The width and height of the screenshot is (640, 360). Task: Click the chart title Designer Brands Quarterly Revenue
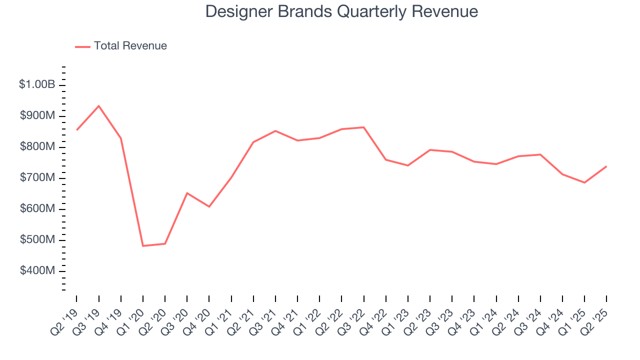[341, 11]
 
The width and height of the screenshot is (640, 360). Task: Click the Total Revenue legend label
[130, 46]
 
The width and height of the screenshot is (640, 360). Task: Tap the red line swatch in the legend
[82, 46]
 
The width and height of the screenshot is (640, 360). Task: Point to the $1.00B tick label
[37, 84]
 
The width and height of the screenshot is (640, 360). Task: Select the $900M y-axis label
[37, 116]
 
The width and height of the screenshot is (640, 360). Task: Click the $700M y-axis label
[37, 178]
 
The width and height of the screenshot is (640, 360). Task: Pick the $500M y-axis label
[37, 240]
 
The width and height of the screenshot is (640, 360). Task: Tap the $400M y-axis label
[37, 271]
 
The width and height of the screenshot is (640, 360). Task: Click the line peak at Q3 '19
[98, 106]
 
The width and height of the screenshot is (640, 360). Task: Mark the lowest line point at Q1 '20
[143, 245]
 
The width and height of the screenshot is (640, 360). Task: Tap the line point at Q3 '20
[187, 193]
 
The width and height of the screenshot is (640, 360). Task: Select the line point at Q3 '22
[363, 127]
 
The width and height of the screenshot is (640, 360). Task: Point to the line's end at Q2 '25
[606, 166]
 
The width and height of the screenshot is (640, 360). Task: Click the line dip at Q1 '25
[584, 182]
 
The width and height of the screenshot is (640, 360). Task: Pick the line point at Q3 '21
[275, 131]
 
